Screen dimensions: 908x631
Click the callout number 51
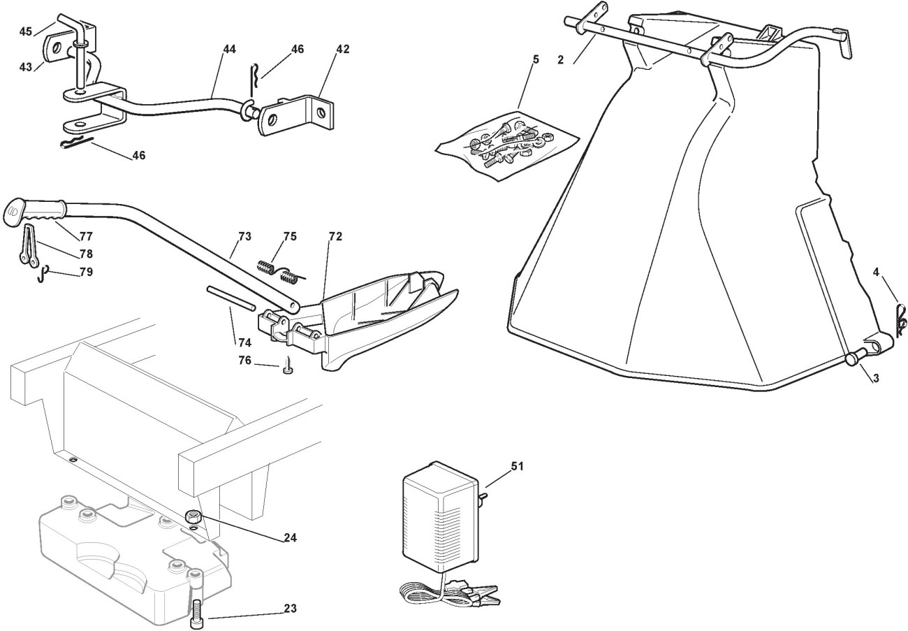[517, 467]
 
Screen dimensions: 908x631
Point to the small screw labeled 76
[288, 366]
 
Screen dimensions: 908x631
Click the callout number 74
[244, 342]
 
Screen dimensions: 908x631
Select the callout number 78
[86, 254]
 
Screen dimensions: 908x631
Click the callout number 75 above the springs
[290, 236]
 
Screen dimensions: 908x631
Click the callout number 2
[561, 60]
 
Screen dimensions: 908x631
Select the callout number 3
[876, 378]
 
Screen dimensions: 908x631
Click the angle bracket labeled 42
[296, 115]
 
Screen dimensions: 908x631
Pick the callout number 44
[229, 49]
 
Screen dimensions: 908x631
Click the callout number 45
[26, 31]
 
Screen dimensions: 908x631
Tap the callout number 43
[26, 67]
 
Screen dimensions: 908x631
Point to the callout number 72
[335, 236]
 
